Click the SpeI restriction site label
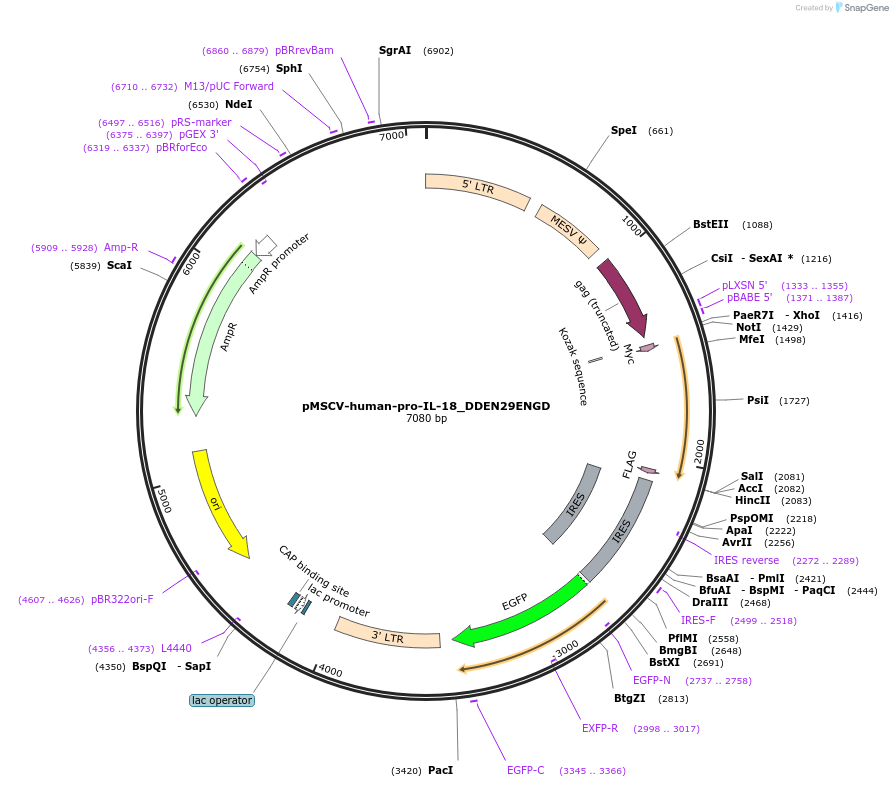coord(623,131)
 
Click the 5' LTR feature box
coord(477,188)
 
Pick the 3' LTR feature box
coord(387,634)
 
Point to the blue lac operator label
coord(222,700)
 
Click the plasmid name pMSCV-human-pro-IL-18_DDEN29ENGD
coord(426,406)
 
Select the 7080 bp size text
coord(426,418)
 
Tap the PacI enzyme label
coord(440,770)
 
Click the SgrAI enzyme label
coord(395,50)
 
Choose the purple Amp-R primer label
coord(121,247)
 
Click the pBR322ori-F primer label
coord(122,599)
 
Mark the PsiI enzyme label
coord(758,400)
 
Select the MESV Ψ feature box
coord(567,231)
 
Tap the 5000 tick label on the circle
coord(165,499)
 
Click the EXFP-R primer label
coord(600,728)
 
